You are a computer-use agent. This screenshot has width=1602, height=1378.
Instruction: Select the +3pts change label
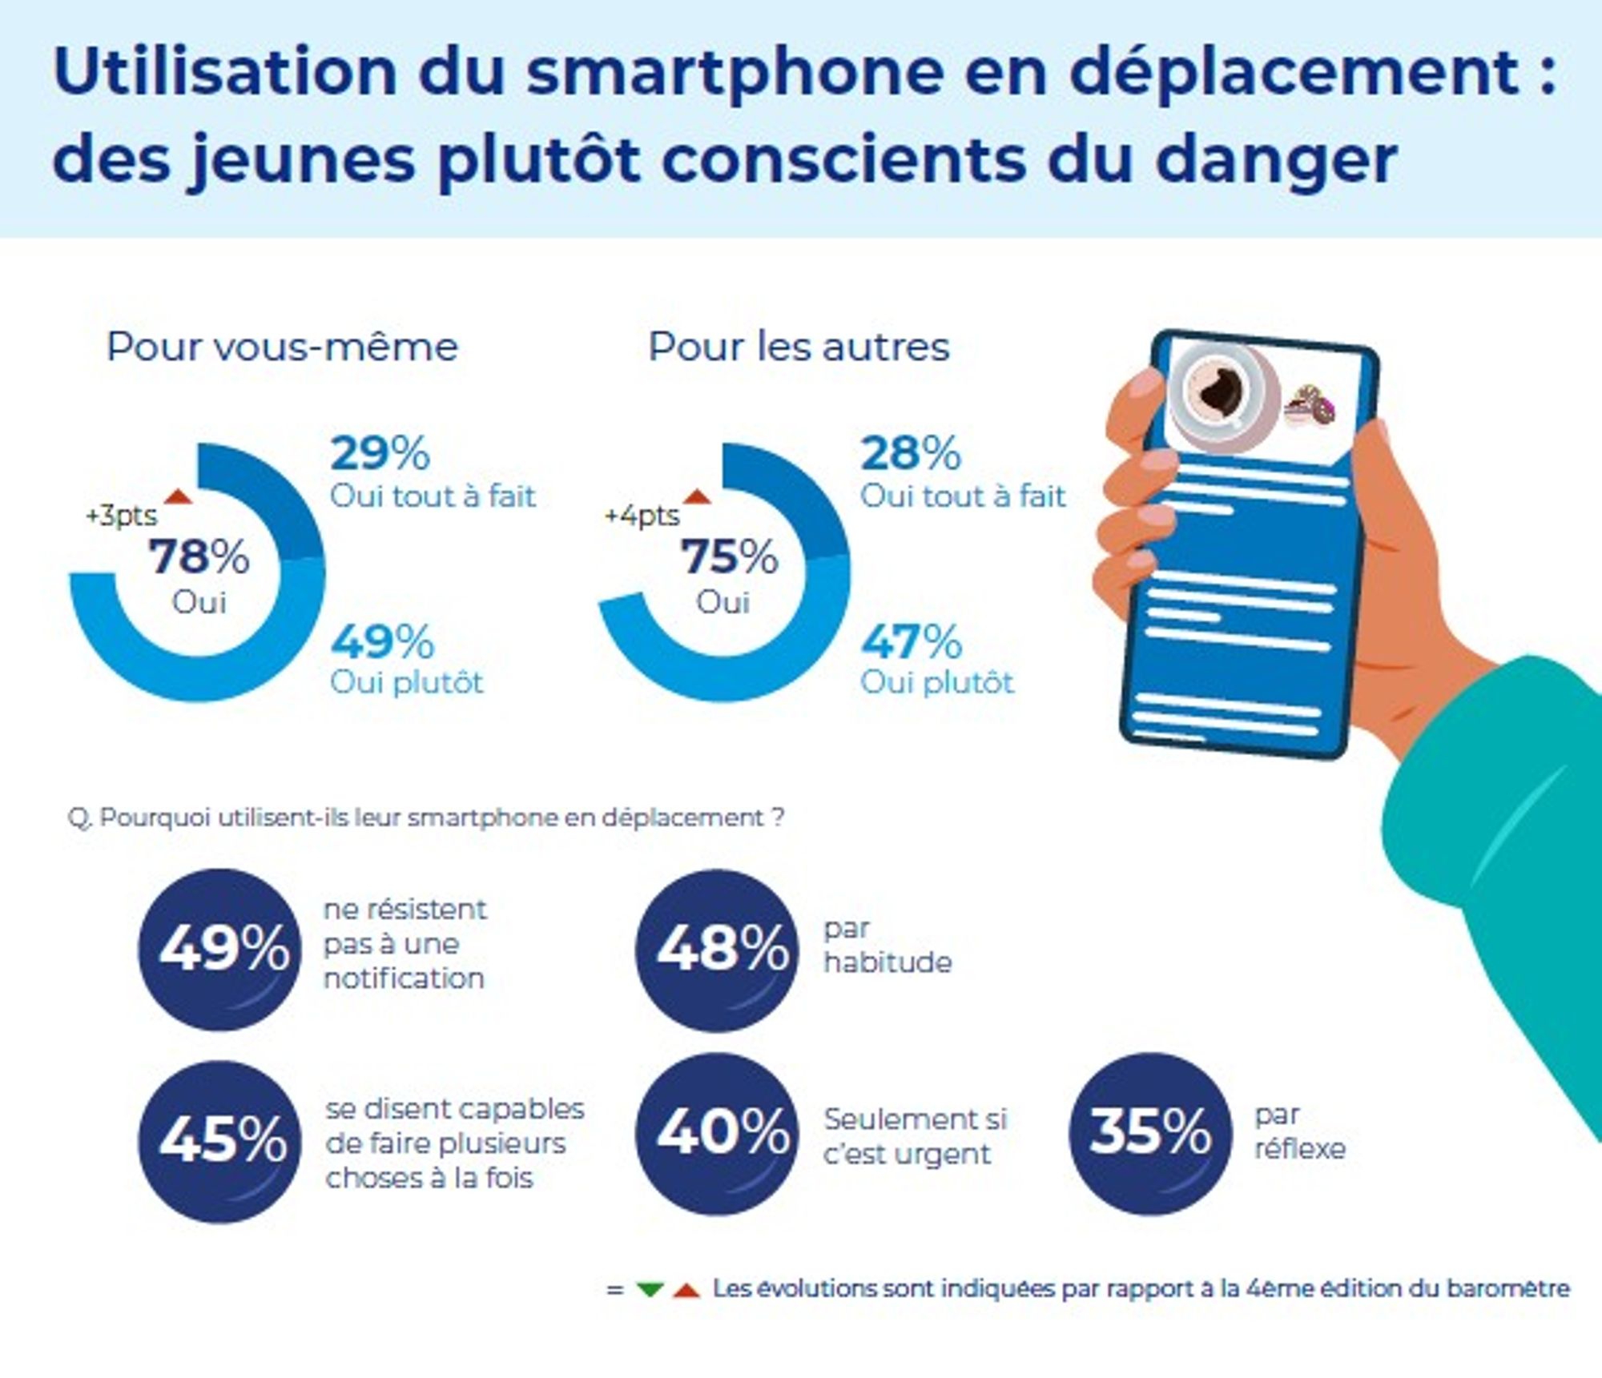pos(122,516)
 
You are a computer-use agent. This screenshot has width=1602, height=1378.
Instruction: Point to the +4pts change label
pos(642,516)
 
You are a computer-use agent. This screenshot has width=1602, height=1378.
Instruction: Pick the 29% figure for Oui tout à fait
pos(380,453)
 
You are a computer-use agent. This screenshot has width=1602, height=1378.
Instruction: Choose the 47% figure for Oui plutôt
pos(912,641)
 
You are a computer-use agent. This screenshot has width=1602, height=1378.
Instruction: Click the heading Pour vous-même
pos(282,347)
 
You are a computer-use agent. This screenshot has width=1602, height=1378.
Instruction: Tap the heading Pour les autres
pos(799,347)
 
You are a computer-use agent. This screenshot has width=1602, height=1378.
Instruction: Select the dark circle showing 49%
pos(220,950)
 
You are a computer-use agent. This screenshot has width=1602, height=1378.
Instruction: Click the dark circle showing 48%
pos(717,950)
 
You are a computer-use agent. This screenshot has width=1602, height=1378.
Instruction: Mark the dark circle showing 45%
pos(220,1141)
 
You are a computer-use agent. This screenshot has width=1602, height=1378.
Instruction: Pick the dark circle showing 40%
pos(717,1133)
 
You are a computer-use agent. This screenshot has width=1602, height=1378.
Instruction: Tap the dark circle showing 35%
pos(1149,1133)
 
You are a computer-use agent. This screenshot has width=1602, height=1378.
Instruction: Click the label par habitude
pos(888,946)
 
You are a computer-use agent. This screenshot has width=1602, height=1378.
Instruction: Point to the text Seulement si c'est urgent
pos(915,1136)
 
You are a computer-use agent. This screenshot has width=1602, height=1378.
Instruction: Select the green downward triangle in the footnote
pos(650,1290)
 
